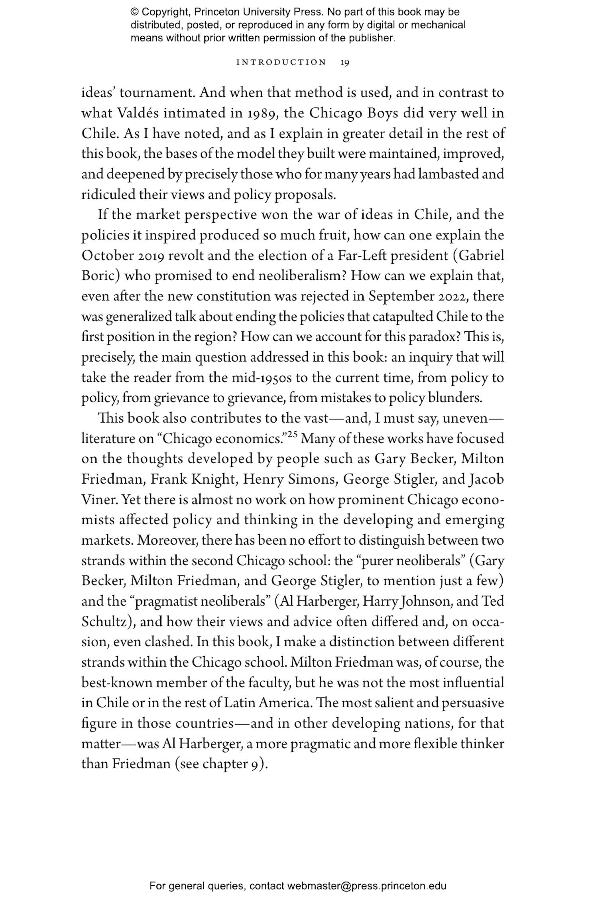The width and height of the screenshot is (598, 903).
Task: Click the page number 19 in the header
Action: coord(345,63)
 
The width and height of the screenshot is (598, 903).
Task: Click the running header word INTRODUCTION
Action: coord(281,63)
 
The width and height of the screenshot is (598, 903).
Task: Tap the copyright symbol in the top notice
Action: coord(134,12)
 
